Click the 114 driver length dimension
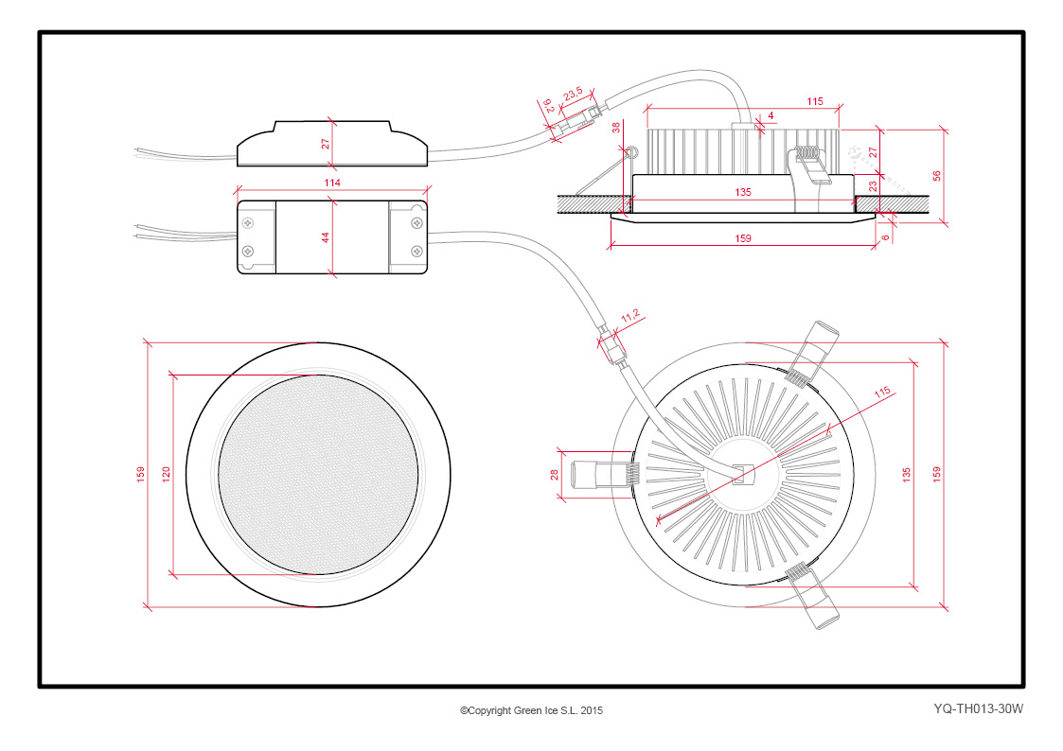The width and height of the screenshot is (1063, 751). click(x=332, y=183)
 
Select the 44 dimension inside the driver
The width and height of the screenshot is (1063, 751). click(x=326, y=237)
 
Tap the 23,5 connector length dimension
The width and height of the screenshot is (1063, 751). click(x=573, y=94)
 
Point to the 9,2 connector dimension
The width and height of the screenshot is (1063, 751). click(x=548, y=106)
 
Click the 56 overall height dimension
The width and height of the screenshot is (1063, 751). click(x=937, y=176)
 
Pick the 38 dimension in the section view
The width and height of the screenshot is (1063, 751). click(x=616, y=128)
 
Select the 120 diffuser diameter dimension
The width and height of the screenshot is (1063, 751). click(x=166, y=474)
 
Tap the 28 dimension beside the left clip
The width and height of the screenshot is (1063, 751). click(x=555, y=475)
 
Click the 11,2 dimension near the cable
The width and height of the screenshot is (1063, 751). click(x=630, y=316)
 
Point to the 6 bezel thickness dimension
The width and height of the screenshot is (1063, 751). click(x=885, y=237)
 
